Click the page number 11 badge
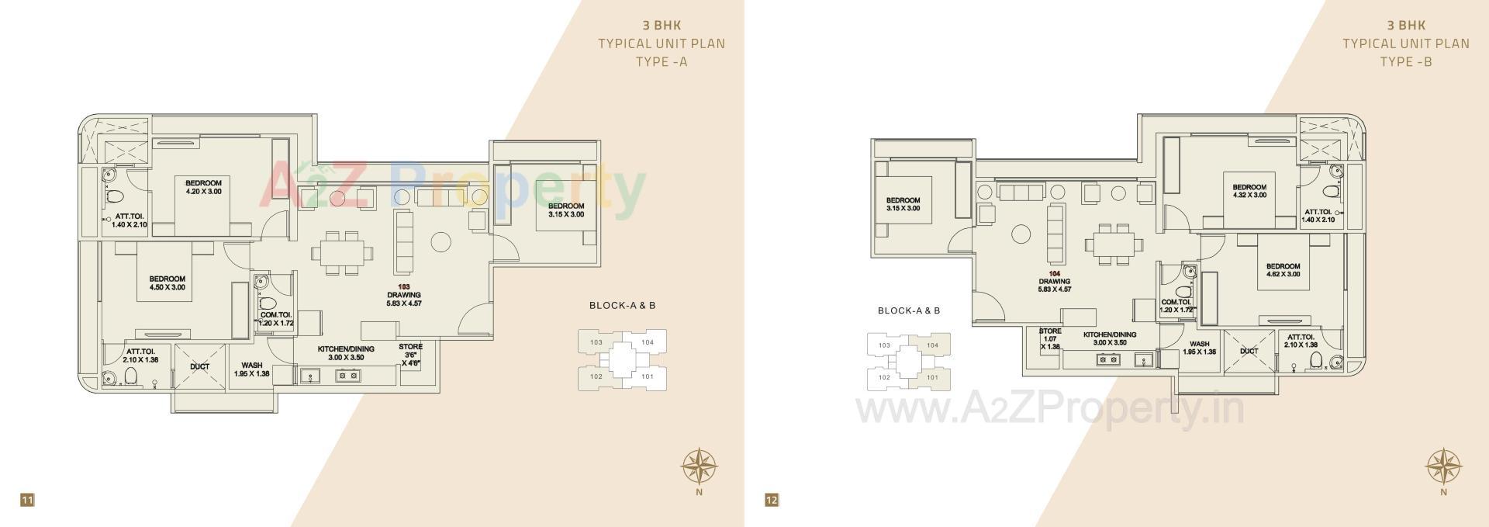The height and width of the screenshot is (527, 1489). click(x=27, y=500)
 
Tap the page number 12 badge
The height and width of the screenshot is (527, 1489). click(x=771, y=500)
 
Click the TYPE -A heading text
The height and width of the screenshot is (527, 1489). click(x=662, y=62)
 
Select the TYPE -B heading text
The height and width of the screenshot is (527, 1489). click(x=1406, y=62)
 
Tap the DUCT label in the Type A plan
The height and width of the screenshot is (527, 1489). click(x=199, y=366)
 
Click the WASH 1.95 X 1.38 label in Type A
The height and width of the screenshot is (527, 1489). click(x=251, y=369)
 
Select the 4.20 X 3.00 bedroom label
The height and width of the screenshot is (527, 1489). click(x=203, y=187)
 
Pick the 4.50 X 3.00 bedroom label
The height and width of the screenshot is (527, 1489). click(x=168, y=283)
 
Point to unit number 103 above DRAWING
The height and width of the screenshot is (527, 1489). click(x=403, y=286)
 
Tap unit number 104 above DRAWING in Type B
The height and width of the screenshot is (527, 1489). click(x=1054, y=274)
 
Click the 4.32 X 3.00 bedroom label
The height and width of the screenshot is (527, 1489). click(x=1249, y=191)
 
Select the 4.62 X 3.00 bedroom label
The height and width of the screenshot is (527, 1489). click(x=1283, y=270)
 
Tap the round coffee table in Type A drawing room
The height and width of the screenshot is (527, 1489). click(x=440, y=241)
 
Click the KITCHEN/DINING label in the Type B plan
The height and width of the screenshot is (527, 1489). click(x=1110, y=338)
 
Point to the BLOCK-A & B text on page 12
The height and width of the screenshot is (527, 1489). click(x=909, y=310)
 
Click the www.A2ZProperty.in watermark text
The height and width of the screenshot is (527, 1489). click(x=1050, y=409)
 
